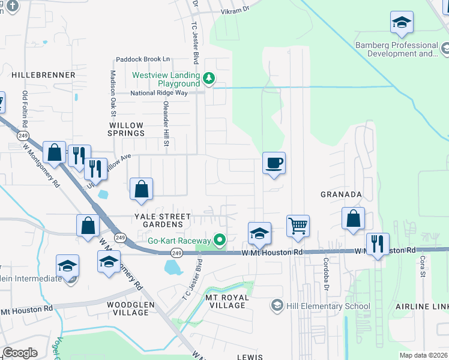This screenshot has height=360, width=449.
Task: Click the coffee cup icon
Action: click(274, 163)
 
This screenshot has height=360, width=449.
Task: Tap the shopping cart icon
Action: click(297, 226)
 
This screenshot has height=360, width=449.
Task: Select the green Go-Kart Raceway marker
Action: click(220, 241)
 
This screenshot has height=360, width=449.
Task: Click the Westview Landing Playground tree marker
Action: click(208, 78)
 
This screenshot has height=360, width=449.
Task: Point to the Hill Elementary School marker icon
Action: click(277, 306)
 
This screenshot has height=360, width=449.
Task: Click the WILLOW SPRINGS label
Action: click(126, 130)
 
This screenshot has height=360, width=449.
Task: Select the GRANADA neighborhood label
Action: click(341, 194)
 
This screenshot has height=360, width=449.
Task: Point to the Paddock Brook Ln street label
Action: click(143, 59)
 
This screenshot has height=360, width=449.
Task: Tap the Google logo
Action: click(20, 353)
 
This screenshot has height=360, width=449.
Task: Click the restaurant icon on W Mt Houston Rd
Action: click(377, 244)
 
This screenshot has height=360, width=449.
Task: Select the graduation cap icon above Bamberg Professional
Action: click(401, 23)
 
